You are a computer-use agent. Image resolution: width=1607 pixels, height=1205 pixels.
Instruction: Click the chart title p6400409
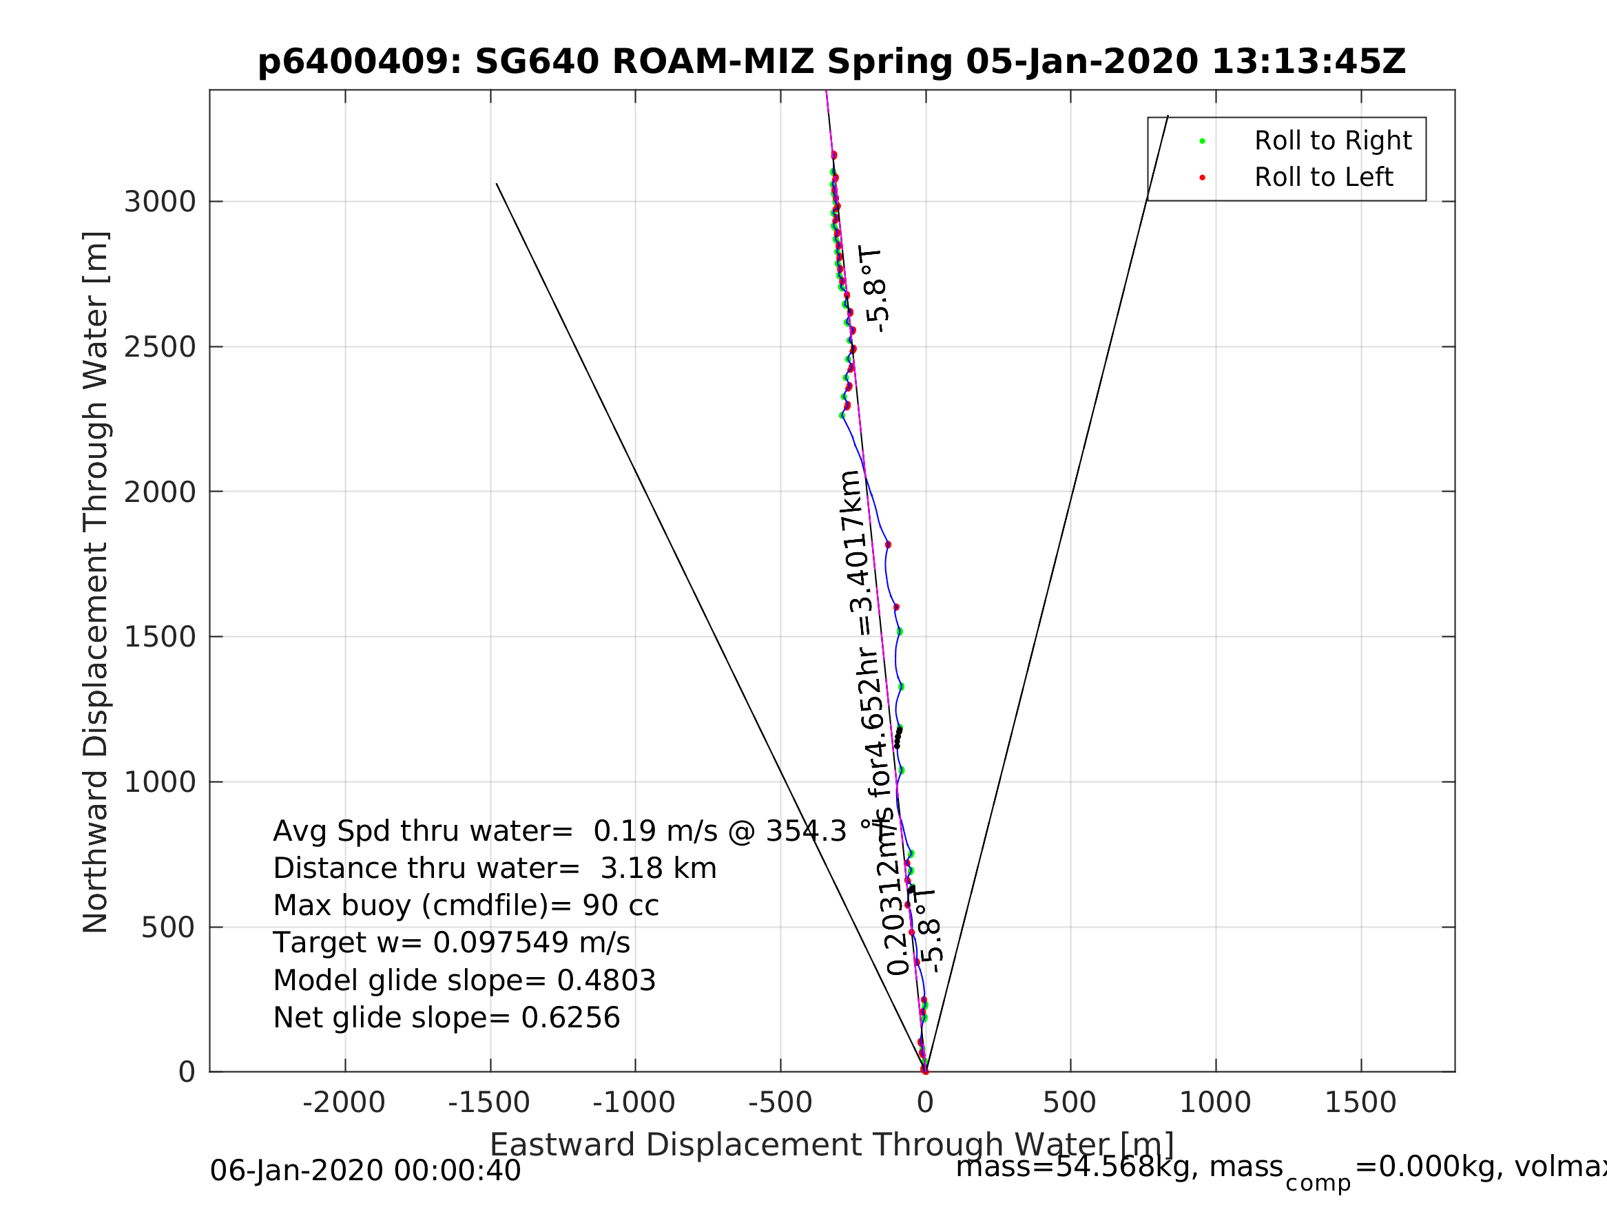[x=832, y=62]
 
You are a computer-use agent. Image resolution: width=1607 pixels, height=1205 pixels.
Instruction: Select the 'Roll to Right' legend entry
[x=1332, y=141]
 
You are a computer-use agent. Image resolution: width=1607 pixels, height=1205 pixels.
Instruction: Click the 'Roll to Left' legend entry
[x=1323, y=177]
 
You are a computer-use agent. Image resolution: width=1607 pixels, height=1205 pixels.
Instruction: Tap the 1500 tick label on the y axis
[x=160, y=637]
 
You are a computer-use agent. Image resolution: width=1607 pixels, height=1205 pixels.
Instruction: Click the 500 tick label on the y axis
[x=168, y=928]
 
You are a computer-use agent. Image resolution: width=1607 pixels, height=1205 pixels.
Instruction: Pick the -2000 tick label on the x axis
[x=344, y=1102]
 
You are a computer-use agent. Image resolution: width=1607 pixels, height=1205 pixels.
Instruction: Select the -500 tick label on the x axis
[x=780, y=1102]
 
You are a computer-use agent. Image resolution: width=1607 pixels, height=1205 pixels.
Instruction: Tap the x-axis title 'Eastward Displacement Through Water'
[x=832, y=1144]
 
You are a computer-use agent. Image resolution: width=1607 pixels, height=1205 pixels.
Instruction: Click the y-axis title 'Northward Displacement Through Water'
[x=96, y=582]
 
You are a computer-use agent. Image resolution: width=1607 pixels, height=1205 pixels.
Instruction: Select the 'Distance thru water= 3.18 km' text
[x=495, y=869]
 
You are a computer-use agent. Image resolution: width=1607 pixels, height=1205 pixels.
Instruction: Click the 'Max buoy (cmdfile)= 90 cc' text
[x=466, y=905]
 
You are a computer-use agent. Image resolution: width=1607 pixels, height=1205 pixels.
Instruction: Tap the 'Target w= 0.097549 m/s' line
[x=451, y=943]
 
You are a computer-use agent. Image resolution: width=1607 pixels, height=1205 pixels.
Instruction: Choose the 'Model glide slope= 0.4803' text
[x=464, y=981]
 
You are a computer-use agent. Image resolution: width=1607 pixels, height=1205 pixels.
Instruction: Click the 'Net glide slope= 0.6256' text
[x=446, y=1018]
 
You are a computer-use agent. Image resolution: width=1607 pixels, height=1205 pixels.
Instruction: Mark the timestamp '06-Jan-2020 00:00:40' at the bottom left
[x=366, y=1171]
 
